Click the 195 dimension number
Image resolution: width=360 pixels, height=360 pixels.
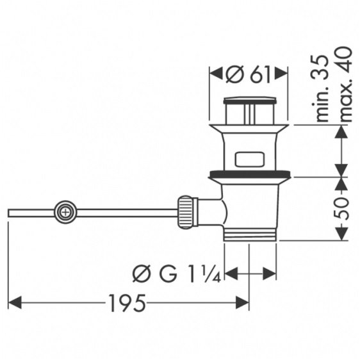click(127, 303)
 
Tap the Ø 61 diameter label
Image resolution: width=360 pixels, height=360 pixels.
click(249, 74)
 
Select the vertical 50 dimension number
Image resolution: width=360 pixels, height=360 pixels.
click(341, 208)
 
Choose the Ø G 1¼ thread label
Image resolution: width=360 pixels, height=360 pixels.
click(176, 274)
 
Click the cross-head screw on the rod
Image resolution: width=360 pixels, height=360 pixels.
click(65, 213)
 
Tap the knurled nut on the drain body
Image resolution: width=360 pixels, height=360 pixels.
click(186, 212)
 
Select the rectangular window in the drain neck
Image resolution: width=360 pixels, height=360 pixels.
click(250, 159)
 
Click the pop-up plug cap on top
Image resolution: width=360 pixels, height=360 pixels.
click(250, 101)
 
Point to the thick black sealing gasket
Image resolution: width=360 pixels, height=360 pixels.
click(250, 174)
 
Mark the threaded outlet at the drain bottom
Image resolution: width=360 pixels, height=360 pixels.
click(250, 234)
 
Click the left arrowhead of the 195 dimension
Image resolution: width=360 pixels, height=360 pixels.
click(15, 302)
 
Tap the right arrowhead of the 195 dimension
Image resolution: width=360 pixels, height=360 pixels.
click(242, 302)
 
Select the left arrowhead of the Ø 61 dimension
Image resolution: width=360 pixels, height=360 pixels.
click(216, 74)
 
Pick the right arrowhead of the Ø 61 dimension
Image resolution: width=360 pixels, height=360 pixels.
click(281, 74)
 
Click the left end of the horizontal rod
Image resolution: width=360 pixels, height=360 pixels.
click(8, 213)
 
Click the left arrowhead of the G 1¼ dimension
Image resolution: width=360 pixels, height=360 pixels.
click(231, 274)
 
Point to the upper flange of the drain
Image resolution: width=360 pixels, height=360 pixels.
click(249, 128)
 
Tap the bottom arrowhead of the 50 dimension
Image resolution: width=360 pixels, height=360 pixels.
click(342, 234)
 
